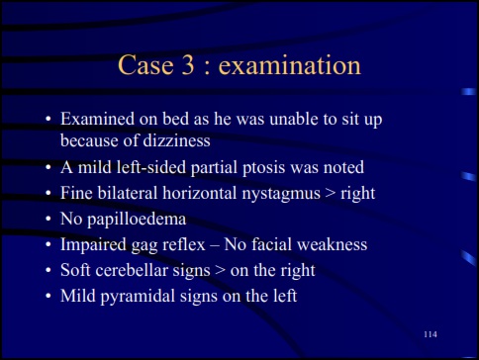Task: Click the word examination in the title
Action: point(290,66)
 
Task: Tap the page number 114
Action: point(430,336)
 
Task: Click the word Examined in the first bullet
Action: point(96,119)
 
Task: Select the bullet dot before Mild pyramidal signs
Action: point(47,296)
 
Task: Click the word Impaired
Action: point(93,244)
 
